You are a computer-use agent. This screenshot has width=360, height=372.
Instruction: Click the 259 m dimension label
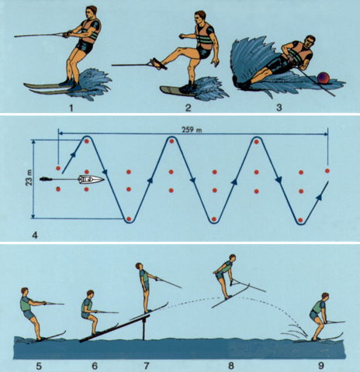tap(192, 129)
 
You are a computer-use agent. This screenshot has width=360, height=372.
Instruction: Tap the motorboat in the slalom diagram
tap(92, 179)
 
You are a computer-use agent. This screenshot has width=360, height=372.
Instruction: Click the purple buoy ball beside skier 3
tap(323, 78)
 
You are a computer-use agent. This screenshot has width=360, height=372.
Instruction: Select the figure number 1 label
tap(71, 108)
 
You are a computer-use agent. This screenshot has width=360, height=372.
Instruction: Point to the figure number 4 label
tap(35, 236)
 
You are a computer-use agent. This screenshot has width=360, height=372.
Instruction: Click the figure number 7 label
tap(147, 366)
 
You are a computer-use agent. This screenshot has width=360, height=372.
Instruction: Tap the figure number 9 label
tap(320, 366)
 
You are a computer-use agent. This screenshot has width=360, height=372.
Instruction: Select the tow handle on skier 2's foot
tap(158, 64)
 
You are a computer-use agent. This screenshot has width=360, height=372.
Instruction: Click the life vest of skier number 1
tap(90, 31)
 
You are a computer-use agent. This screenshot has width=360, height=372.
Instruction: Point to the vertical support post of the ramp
tap(144, 329)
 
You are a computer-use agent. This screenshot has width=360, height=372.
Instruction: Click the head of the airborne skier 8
tap(232, 258)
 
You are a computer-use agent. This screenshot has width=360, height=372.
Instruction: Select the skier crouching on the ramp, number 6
tap(90, 312)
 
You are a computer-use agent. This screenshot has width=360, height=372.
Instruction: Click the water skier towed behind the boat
tap(46, 179)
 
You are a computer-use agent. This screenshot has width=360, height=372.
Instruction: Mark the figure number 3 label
tap(279, 108)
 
